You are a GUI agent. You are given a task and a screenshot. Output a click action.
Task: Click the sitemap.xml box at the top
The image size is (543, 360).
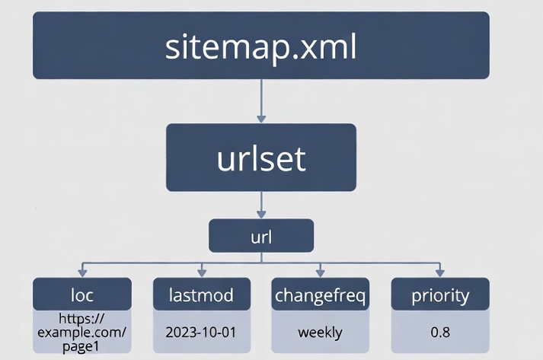coord(260,46)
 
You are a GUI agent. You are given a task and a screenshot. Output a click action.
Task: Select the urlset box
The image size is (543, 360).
coord(260,158)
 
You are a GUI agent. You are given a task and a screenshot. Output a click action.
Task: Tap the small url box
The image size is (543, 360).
coord(260,236)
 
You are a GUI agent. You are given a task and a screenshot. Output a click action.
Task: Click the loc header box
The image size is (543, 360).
coord(82,295)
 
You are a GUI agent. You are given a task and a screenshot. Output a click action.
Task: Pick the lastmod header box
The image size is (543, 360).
coord(201,295)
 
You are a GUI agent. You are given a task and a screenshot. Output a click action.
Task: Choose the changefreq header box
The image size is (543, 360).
coord(320,295)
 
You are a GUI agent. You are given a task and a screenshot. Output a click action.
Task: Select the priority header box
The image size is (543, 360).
coord(439,295)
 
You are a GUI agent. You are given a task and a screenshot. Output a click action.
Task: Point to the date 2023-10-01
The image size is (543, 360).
coord(201,333)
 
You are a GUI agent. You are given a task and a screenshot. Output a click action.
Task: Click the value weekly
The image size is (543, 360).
coord(320,333)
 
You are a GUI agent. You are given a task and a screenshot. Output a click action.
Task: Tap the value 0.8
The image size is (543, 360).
coord(439,333)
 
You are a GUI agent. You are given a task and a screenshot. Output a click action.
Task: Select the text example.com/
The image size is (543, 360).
coord(82,333)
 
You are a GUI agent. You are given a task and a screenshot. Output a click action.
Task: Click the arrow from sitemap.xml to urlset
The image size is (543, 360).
coord(261,101)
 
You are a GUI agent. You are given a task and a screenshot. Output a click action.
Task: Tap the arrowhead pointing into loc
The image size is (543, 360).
coord(82,272)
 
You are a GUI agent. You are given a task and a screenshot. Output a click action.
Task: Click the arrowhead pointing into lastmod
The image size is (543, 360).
coord(201,272)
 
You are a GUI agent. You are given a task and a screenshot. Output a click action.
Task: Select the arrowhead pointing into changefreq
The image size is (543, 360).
coord(320,272)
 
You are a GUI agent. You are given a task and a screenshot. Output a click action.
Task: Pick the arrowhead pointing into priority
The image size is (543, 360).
coord(439,272)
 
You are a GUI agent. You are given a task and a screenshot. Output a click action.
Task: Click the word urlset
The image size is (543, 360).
coord(260,158)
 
